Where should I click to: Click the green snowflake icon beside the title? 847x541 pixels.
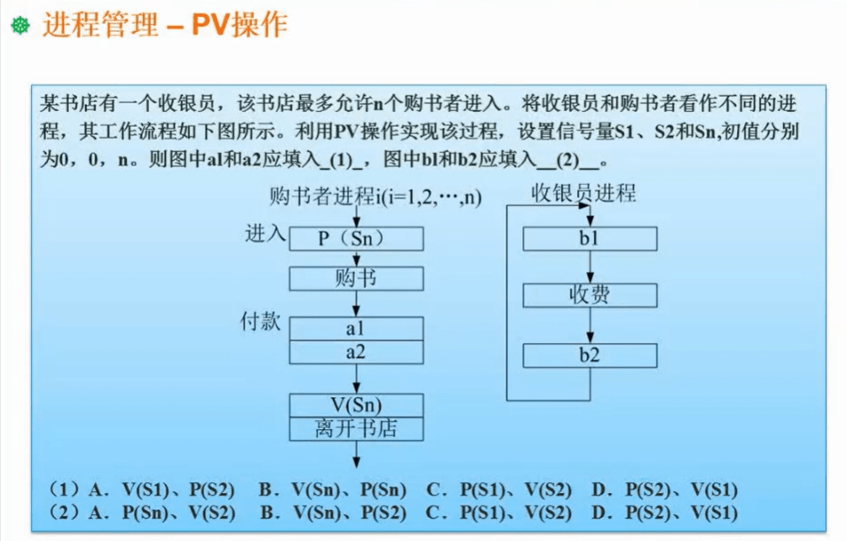coord(20,25)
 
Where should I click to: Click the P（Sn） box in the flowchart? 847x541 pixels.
coord(356,238)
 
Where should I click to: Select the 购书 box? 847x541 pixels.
coord(356,278)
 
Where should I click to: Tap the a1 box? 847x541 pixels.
coord(356,329)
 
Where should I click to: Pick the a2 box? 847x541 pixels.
coord(356,353)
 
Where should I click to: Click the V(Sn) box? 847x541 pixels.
coord(356,406)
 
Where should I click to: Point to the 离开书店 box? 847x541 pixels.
coord(356,429)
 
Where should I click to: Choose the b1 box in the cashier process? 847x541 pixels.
coord(590,239)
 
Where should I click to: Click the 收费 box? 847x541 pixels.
coord(590,295)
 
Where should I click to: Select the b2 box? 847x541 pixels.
coord(590,356)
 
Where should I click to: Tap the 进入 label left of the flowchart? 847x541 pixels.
coord(265,234)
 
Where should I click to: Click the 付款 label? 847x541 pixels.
coord(261,321)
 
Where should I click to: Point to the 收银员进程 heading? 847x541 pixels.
coord(584,193)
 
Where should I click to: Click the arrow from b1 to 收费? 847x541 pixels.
coord(590,267)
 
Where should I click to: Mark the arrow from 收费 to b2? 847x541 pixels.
coord(590,326)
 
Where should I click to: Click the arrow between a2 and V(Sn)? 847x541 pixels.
coord(356,379)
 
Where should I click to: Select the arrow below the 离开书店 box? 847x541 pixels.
coord(356,454)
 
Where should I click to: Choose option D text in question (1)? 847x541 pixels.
coord(664,490)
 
